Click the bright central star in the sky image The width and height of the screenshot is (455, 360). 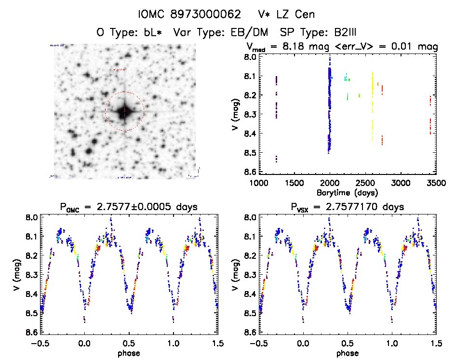tap(124, 112)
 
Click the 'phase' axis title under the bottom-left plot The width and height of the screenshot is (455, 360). tap(129, 353)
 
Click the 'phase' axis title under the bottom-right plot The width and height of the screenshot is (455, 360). tap(348, 353)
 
